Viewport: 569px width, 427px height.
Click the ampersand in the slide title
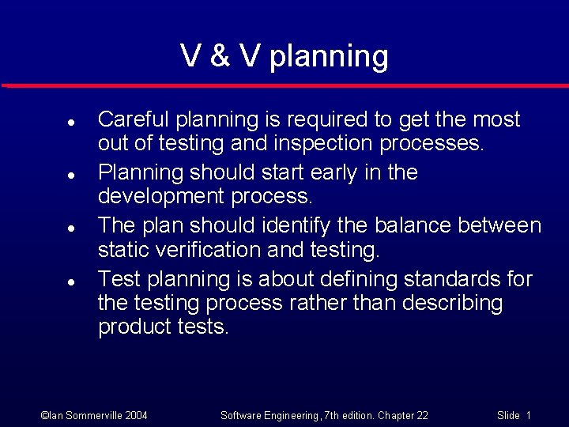pos(220,57)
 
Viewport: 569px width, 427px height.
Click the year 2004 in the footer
pos(134,415)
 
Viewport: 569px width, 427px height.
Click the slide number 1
pos(528,415)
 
